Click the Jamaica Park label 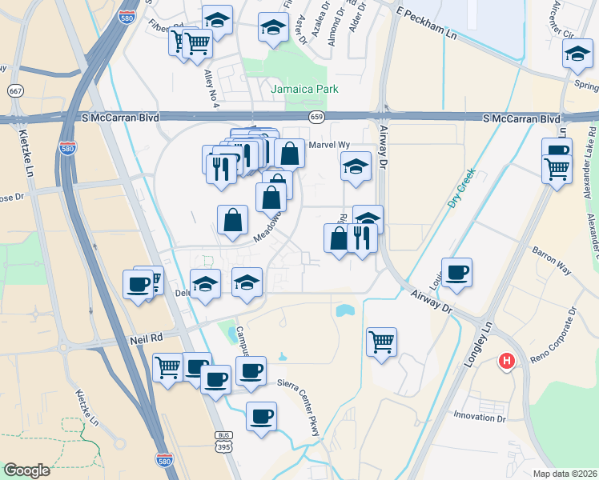click(x=304, y=89)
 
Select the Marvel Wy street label click(x=328, y=145)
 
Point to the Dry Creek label click(x=461, y=187)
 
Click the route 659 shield click(x=318, y=117)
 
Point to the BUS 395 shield click(x=223, y=441)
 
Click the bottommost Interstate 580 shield click(x=163, y=460)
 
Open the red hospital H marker click(x=505, y=362)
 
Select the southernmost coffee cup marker click(x=261, y=418)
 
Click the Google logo click(x=26, y=470)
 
